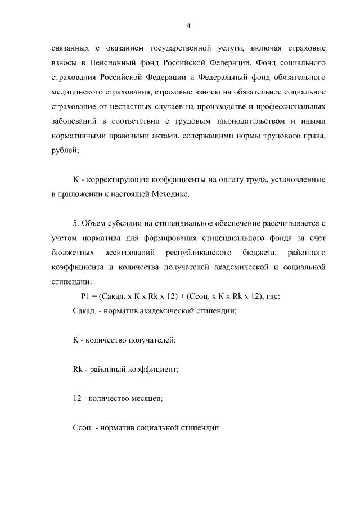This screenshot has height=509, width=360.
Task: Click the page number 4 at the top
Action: click(188, 25)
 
